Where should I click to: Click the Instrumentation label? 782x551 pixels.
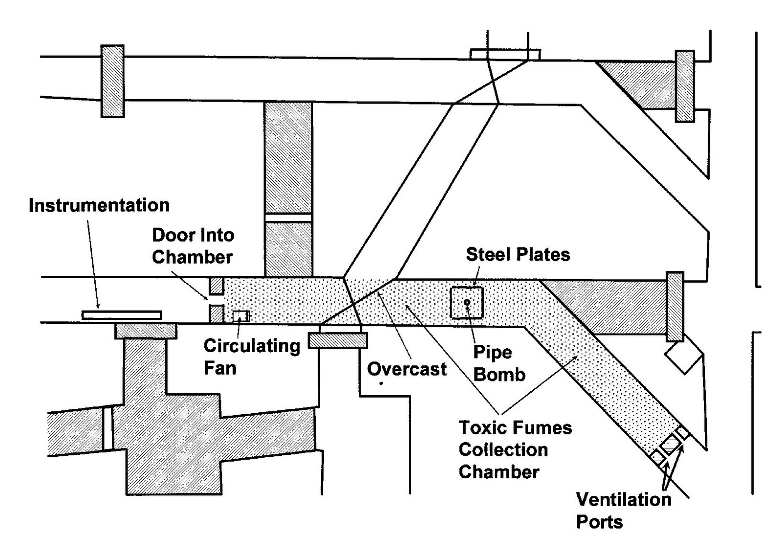coord(99,205)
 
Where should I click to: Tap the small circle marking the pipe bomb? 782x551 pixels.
coord(467,302)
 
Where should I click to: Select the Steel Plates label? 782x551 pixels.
coord(518,254)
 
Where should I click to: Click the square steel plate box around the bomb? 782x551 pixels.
coord(455,313)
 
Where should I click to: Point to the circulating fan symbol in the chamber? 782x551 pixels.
coord(240,316)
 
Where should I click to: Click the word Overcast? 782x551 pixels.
coord(407,369)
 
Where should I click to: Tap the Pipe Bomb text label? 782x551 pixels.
coord(499,363)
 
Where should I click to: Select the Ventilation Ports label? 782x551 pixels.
coord(623,510)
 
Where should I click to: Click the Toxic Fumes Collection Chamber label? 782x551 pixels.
coord(515,450)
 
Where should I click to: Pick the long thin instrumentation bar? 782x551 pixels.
coord(122,316)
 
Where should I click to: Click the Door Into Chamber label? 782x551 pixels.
coord(193,246)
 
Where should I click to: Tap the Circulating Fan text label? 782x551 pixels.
coord(251,356)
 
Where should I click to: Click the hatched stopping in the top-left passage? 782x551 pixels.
coord(112,81)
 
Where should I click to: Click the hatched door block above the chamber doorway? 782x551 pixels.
coord(217,286)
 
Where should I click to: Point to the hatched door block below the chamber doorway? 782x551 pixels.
coord(217,314)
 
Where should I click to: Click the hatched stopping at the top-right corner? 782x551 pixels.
coord(684,85)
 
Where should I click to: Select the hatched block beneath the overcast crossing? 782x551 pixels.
coord(338,340)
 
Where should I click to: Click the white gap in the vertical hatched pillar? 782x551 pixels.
coord(288,217)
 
